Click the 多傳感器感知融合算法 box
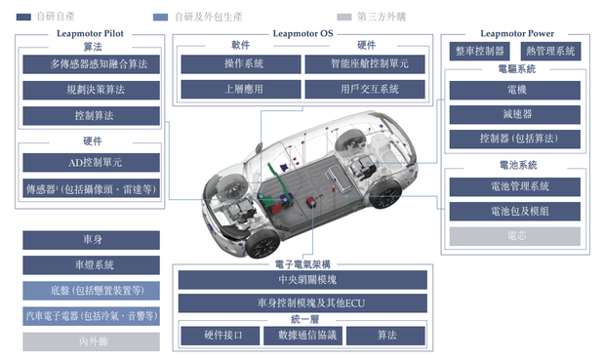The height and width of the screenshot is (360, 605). pos(91,64)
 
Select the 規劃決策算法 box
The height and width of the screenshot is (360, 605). pos(91,90)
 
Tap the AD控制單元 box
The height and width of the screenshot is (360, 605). pos(91,162)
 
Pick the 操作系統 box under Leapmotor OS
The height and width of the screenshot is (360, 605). pos(239,64)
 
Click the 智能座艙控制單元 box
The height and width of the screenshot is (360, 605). pos(364,64)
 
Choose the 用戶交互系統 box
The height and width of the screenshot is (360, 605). pos(364,90)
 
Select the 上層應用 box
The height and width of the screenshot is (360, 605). pos(239,90)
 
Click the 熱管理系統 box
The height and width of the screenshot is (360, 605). pos(550,50)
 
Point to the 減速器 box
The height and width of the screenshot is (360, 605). pos(515,114)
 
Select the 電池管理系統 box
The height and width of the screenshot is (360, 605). pos(515,186)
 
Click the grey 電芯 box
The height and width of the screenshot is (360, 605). pos(515,236)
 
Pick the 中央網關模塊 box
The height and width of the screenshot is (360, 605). pos(302,280)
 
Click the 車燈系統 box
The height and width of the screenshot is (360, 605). pos(91,265)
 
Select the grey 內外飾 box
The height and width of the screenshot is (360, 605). pos(91,341)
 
